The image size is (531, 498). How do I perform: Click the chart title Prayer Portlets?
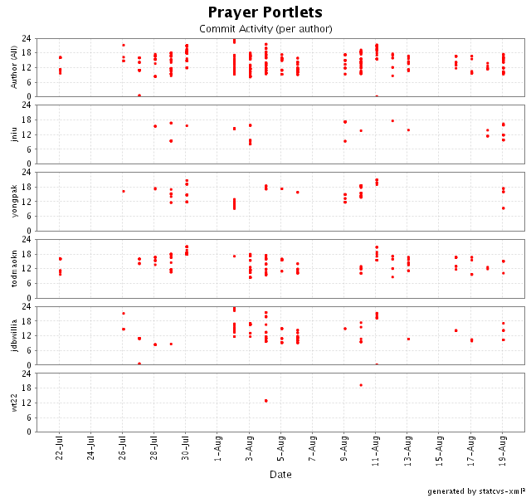(x=265, y=12)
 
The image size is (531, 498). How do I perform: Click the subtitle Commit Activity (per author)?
(x=265, y=29)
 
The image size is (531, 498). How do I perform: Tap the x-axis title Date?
(x=280, y=474)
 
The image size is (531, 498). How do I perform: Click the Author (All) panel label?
(x=13, y=67)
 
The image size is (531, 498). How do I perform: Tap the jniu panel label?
(x=13, y=134)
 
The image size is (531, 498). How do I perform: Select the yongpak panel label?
(x=13, y=202)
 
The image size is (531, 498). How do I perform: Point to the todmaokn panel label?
(x=13, y=269)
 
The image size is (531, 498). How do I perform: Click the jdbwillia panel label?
(x=13, y=336)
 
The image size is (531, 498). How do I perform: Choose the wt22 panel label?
(x=13, y=403)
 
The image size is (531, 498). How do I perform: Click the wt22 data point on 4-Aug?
(x=265, y=401)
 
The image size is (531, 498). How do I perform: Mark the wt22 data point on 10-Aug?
(x=361, y=385)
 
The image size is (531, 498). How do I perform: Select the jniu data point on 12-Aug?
(x=392, y=121)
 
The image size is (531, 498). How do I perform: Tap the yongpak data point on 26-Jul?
(x=124, y=192)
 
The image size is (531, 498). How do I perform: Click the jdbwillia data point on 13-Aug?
(x=408, y=339)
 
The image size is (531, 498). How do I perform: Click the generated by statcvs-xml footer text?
(x=476, y=491)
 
